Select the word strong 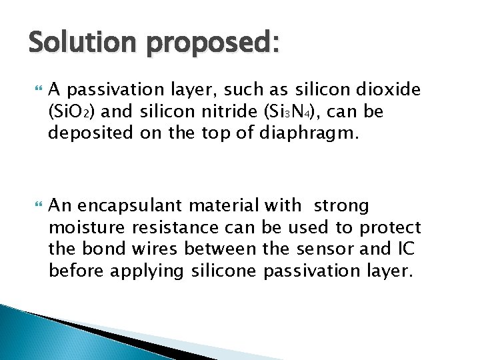(342, 207)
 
